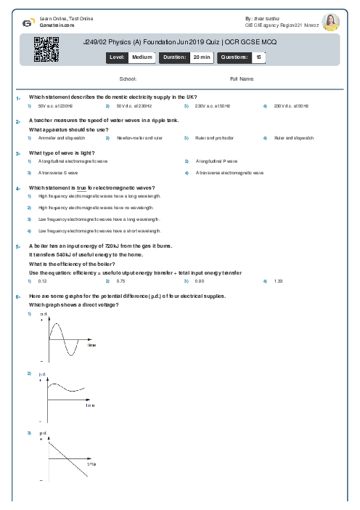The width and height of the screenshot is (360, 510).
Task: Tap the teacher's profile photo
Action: pos(330,22)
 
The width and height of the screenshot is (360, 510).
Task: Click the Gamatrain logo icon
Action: pos(27,22)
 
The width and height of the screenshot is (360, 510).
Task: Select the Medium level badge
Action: pos(141,56)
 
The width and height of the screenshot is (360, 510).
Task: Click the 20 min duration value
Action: pos(201,56)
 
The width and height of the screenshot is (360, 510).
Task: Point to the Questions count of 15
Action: pos(258,56)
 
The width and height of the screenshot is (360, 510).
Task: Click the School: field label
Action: pos(128,78)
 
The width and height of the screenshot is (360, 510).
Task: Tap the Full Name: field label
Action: pos(242,78)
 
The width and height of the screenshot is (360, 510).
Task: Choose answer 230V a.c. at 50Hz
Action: pos(212,106)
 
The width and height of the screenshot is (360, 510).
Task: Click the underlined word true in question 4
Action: pos(91,188)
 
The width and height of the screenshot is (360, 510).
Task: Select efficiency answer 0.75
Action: pos(120,280)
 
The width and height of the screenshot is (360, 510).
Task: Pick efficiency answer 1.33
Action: pos(278,280)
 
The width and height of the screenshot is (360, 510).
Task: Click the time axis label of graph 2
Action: pos(90,405)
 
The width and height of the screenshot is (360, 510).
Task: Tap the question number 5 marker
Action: pos(17,247)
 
